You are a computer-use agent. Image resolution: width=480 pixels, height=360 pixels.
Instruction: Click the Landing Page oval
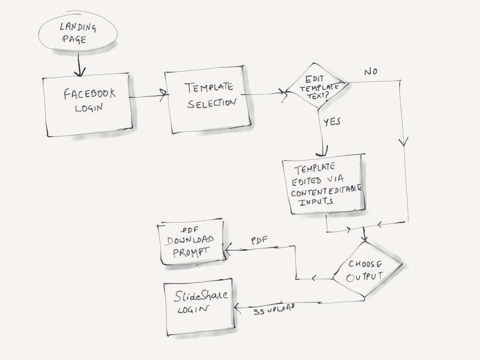tap(78, 32)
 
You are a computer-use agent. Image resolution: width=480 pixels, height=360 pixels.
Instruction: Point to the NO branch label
tap(371, 72)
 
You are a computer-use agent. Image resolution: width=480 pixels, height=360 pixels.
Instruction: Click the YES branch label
tap(332, 122)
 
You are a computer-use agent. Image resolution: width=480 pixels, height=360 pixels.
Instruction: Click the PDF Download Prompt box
tap(193, 243)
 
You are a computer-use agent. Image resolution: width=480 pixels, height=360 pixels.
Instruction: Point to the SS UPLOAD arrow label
tap(274, 309)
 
